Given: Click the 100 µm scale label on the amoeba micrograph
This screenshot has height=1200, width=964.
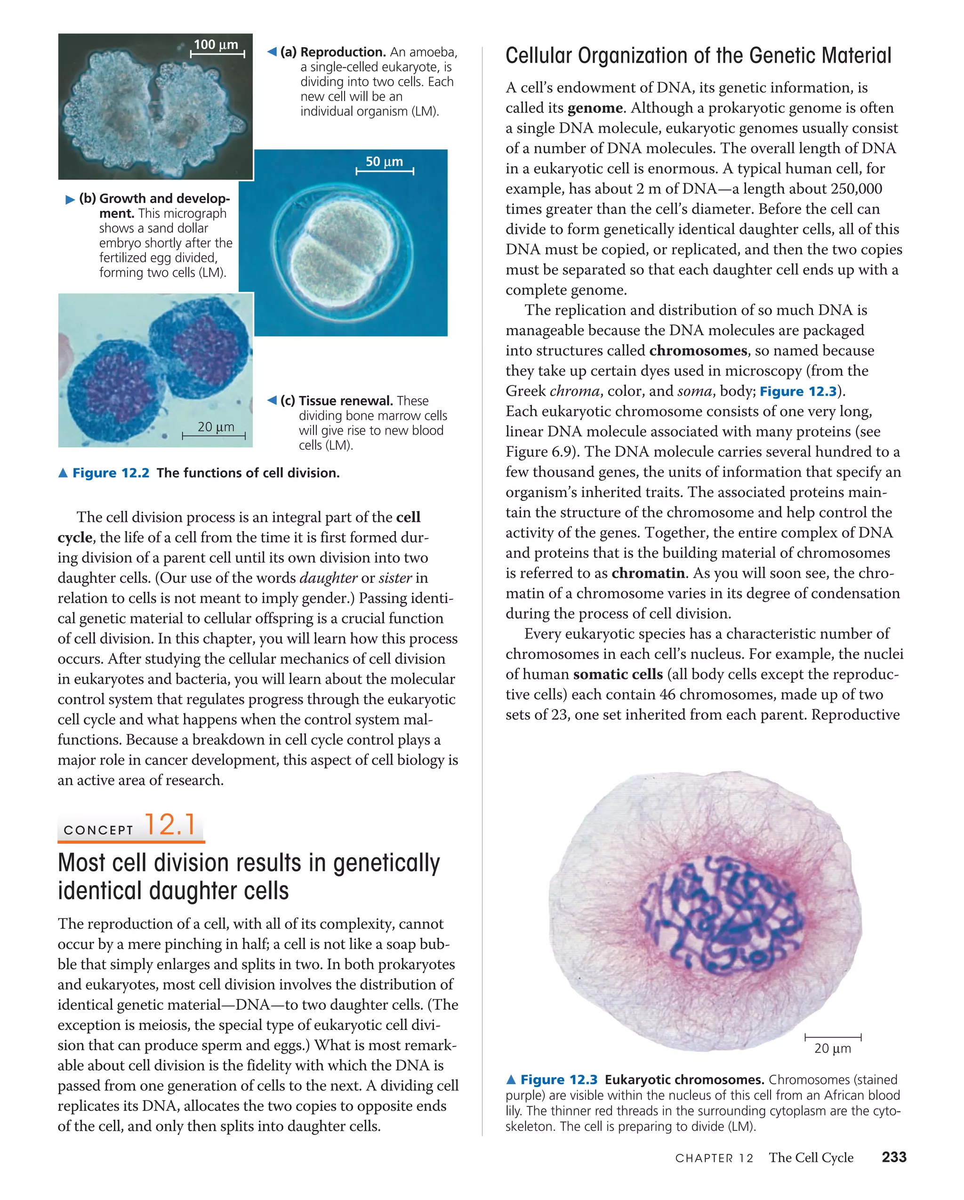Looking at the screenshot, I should coord(216,45).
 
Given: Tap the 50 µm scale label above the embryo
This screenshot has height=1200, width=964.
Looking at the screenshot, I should coord(384,161).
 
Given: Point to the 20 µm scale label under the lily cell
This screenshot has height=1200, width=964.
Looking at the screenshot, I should coord(832,1048).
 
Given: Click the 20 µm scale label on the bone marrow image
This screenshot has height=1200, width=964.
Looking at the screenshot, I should coord(216,427).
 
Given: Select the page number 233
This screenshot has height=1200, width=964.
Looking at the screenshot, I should coord(894,1157).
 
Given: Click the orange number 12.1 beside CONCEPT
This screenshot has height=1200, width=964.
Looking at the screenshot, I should coord(170,825).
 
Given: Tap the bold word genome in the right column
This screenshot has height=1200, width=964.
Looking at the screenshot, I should coord(595,108).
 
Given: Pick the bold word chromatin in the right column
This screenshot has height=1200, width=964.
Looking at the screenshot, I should coord(648,573).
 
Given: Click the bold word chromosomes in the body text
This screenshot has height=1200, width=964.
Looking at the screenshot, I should coord(698,351).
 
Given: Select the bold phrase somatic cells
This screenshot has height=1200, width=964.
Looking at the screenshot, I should coord(618,674).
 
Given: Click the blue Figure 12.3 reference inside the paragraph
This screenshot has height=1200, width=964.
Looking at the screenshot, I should coord(797,391).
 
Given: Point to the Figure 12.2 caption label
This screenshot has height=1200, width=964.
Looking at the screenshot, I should coord(111,473).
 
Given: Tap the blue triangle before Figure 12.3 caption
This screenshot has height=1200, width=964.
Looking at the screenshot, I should coord(511,1080).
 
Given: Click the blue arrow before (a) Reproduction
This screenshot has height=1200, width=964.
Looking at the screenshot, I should coord(272,52).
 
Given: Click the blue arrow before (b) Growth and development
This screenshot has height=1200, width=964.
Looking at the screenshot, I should coord(70,199).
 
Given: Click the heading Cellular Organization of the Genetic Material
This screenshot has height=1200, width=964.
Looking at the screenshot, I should coord(698,56).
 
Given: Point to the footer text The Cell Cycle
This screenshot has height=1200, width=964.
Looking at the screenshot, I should coord(811,1158).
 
